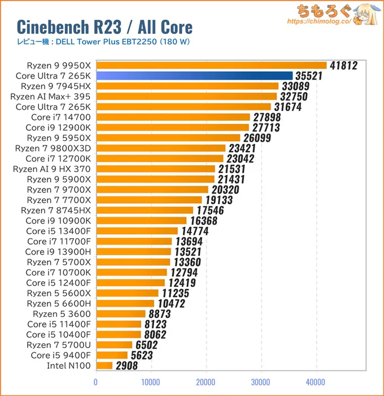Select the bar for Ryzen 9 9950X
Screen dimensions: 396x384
click(x=211, y=66)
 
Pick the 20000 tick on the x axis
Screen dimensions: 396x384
click(x=206, y=382)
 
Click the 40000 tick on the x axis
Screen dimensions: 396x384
click(x=316, y=382)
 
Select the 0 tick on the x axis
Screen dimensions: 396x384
click(x=96, y=382)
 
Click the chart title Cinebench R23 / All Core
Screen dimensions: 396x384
click(x=104, y=27)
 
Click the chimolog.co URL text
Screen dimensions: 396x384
click(x=319, y=21)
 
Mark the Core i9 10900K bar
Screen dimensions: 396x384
click(x=141, y=220)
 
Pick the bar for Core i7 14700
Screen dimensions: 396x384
click(x=173, y=117)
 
